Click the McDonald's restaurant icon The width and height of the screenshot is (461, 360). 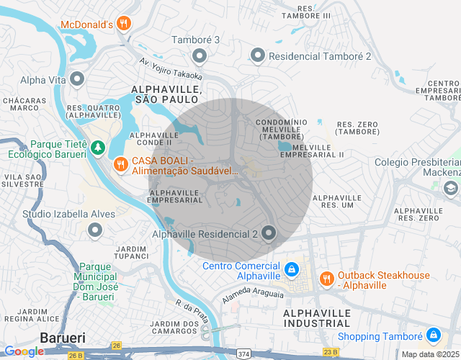tap(124, 24)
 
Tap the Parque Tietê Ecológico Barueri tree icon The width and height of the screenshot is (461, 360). tap(97, 148)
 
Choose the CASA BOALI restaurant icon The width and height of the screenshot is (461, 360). tap(120, 164)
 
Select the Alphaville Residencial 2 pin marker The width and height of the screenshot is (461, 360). tap(269, 233)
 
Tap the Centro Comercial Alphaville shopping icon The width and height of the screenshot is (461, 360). tap(291, 269)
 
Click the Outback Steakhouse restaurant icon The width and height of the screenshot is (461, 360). tap(326, 278)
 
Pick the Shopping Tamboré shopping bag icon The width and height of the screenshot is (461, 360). tap(433, 336)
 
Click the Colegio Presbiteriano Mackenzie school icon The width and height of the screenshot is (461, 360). tap(451, 188)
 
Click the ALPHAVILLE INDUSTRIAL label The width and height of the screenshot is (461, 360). tap(317, 319)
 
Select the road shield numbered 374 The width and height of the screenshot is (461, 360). tap(245, 354)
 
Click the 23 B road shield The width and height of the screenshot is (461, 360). tap(331, 352)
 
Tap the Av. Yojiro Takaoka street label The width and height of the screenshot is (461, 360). tap(171, 69)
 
